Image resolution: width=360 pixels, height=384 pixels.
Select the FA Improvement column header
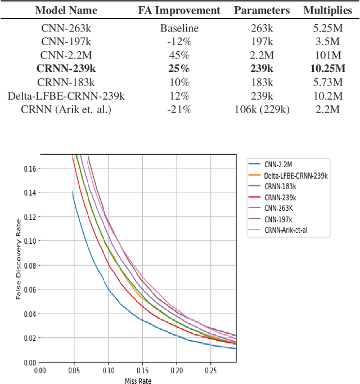[180, 10]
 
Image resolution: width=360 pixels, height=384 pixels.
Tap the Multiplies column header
[331, 10]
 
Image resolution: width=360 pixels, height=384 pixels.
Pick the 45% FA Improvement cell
[180, 54]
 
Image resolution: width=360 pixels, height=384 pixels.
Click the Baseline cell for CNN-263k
[180, 27]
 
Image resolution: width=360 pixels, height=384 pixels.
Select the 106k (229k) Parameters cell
[262, 109]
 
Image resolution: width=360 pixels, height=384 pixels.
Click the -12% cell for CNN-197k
[180, 41]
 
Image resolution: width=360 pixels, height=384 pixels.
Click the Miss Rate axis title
[138, 380]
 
